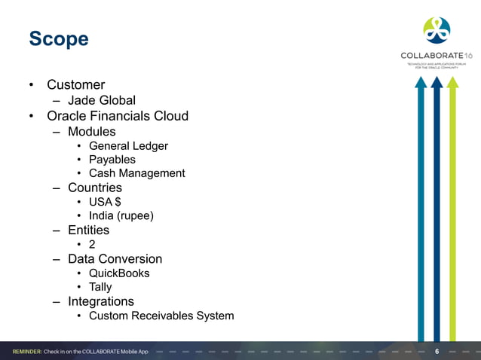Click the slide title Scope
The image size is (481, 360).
point(58,38)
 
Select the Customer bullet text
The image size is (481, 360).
point(75,85)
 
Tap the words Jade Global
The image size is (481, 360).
point(102,100)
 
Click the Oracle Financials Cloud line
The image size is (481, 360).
point(118,116)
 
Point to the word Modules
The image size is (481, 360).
point(92,132)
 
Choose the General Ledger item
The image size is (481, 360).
point(128,146)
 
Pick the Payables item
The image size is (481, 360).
point(112,160)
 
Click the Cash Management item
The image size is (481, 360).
point(136,173)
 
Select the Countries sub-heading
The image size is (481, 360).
point(95,188)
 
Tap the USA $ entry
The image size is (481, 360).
point(106,202)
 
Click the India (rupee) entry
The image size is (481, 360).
point(121,216)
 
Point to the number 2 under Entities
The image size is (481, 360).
point(92,245)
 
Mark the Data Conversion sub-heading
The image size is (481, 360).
point(115,259)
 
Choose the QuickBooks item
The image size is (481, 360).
point(119,273)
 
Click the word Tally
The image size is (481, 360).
point(100,287)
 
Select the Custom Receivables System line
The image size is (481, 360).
point(161,316)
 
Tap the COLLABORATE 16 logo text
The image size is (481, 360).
point(437,56)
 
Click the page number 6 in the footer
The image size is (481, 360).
point(437,352)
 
